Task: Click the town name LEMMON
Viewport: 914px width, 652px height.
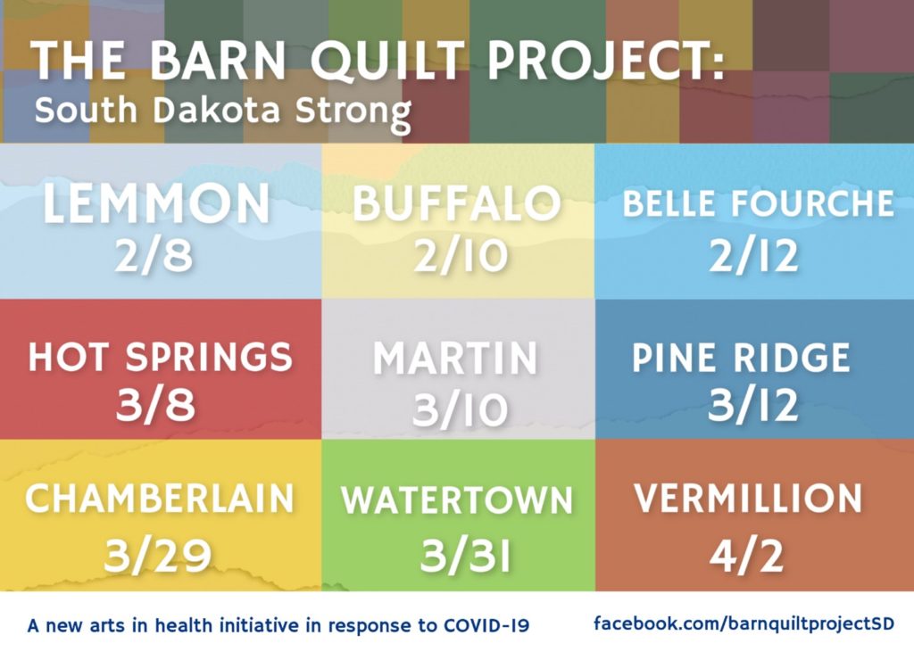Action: point(156,202)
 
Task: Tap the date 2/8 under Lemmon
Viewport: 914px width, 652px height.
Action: point(154,256)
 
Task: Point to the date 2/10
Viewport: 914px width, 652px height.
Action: point(461,256)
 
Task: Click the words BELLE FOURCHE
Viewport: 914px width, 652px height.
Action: point(758,203)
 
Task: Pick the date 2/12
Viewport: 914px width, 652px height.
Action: point(753,256)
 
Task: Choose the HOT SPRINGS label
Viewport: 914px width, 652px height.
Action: point(161,357)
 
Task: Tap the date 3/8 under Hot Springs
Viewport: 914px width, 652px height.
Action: point(155,404)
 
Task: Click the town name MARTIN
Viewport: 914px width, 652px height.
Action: point(455,358)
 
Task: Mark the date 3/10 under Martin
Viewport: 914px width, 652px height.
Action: point(460,409)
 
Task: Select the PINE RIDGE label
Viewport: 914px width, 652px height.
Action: point(741,357)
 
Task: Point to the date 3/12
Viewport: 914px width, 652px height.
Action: point(752,404)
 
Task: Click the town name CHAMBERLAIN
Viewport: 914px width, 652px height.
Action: point(159,499)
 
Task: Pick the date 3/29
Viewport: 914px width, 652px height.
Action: point(157,556)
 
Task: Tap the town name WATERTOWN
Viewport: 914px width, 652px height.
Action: point(457,500)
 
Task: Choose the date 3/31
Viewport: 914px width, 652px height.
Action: point(464,556)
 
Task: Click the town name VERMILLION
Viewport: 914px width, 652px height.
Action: point(748,499)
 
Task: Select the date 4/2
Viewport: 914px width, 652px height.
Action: point(746,556)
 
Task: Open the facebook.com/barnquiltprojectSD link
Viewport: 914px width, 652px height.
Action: point(744,623)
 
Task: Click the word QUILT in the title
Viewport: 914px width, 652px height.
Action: point(387,60)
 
